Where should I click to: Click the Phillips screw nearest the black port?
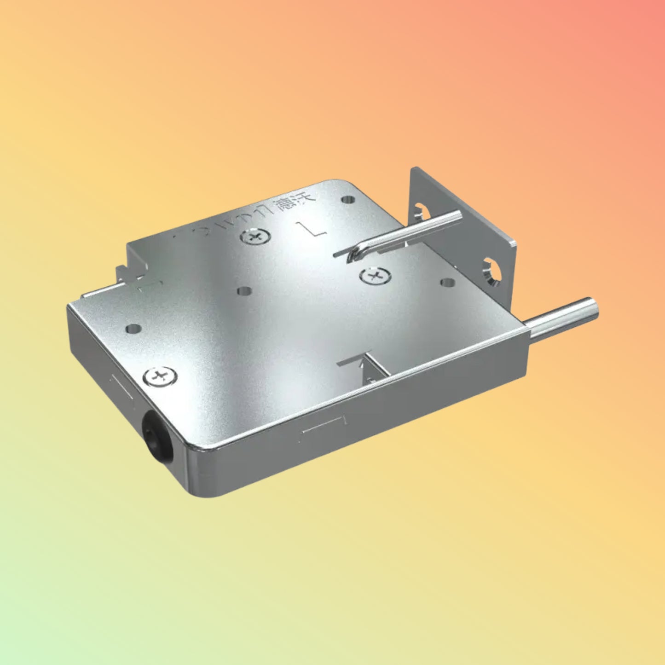point(160,376)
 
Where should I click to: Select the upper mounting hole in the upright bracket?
point(422,211)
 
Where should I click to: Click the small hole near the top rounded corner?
point(347,200)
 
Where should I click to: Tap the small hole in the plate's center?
point(245,291)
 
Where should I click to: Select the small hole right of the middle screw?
point(447,282)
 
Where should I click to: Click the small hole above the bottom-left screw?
point(133,329)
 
